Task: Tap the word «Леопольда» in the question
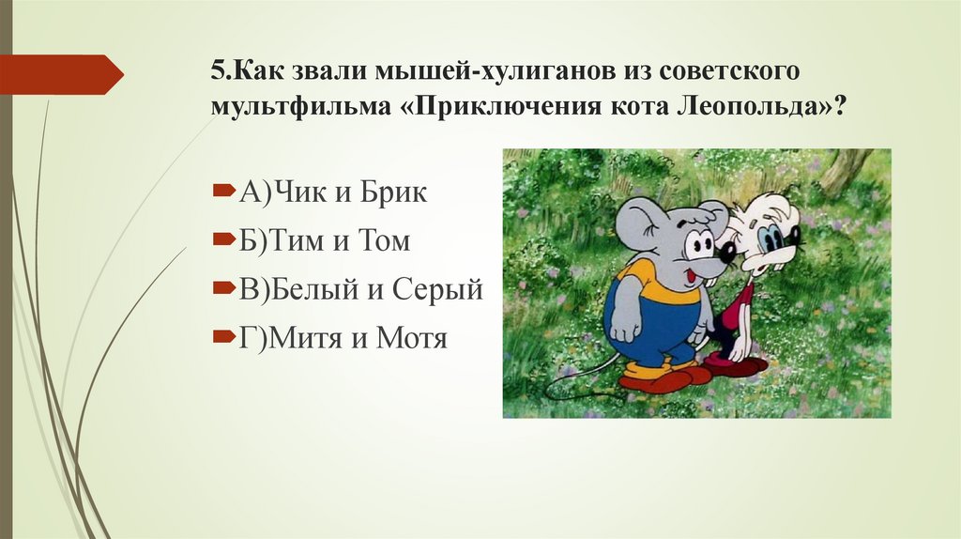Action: (x=743, y=106)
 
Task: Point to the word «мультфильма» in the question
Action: (x=298, y=106)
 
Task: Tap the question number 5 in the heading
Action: (x=217, y=72)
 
